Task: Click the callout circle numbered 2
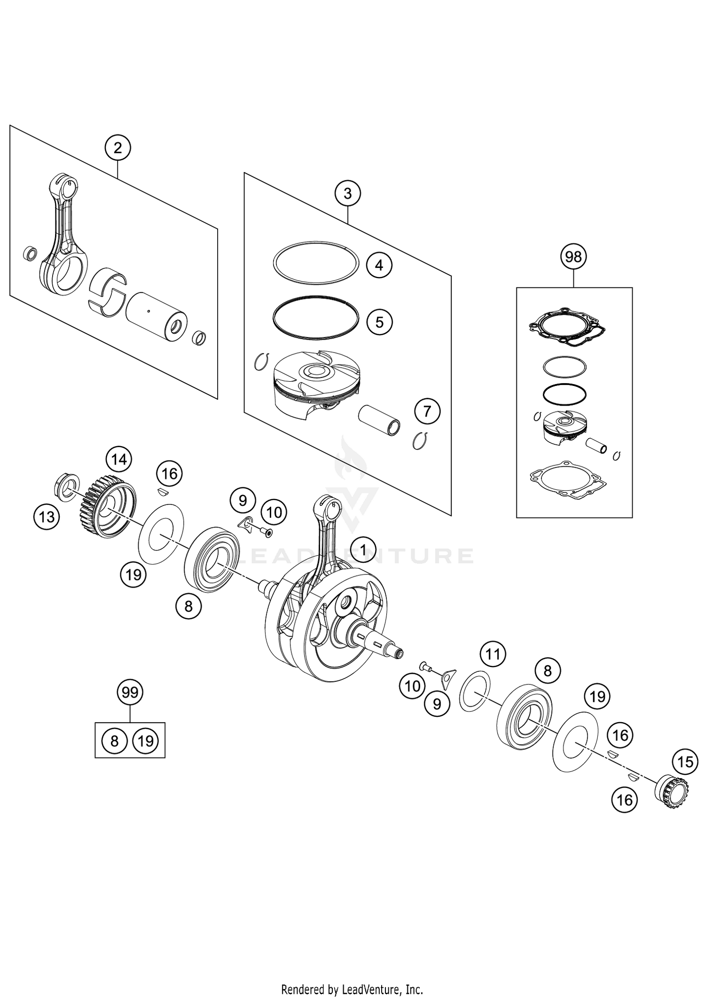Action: (117, 148)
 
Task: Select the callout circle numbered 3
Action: (347, 193)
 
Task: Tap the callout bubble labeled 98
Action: (573, 257)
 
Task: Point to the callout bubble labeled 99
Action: (130, 692)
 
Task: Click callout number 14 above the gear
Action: (119, 459)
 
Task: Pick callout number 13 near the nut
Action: (47, 517)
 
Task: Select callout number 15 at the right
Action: (685, 761)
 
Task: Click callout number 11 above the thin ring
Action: (493, 654)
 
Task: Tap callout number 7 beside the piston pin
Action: (427, 411)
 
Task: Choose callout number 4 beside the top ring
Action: (379, 266)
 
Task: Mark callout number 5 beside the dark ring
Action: (379, 322)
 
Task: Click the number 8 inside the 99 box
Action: (114, 741)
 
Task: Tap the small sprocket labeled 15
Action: (671, 793)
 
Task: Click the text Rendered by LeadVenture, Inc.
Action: (352, 989)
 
